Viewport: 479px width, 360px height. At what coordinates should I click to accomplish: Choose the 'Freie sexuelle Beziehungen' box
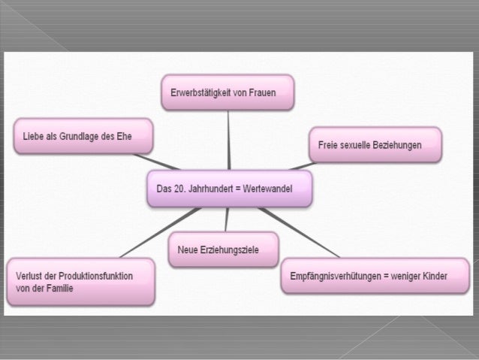[x=375, y=144]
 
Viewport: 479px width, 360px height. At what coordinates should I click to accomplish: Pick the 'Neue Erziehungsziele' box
[x=223, y=248]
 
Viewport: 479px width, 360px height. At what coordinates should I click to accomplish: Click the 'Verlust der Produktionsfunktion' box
[x=80, y=281]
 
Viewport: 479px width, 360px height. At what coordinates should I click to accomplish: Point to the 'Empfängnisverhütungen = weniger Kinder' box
[x=374, y=277]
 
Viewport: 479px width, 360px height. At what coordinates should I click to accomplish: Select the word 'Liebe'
[x=32, y=136]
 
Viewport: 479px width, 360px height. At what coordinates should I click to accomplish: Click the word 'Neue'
[x=188, y=248]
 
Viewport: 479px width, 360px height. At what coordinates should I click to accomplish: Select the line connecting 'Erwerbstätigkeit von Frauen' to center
[x=228, y=139]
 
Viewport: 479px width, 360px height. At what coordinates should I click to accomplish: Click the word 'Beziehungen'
[x=396, y=144]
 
